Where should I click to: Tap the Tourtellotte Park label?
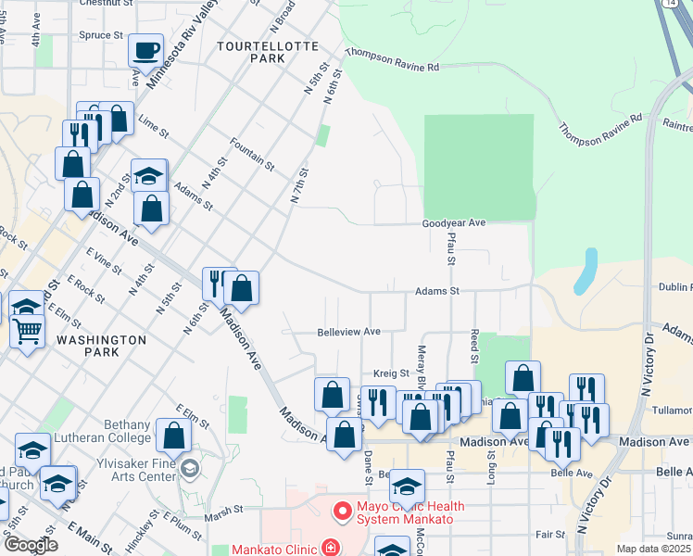click(267, 52)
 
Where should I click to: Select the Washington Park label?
click(101, 346)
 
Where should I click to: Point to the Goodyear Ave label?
click(454, 223)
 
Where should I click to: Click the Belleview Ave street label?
click(349, 331)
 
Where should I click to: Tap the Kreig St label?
click(391, 373)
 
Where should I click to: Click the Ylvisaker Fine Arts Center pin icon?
click(190, 468)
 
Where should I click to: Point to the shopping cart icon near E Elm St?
click(27, 329)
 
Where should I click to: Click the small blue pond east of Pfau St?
click(586, 271)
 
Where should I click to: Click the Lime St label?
click(146, 120)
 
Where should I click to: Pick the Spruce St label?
click(101, 35)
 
